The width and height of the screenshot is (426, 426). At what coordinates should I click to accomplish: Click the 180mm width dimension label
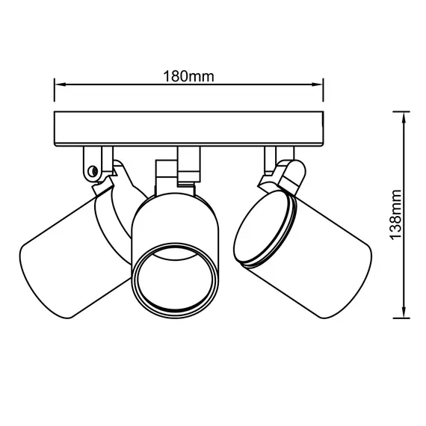tap(188, 76)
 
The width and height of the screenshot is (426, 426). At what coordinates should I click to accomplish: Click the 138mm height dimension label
tap(395, 214)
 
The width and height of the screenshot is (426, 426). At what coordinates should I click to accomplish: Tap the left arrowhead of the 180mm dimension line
tap(61, 84)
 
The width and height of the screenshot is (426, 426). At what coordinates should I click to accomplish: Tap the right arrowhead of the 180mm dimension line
tap(318, 84)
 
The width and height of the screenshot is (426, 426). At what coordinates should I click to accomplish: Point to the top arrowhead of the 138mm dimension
tap(404, 118)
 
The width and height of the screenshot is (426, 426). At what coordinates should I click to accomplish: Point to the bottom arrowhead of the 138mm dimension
tap(404, 312)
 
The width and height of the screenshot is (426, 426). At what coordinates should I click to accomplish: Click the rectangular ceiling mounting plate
tap(189, 129)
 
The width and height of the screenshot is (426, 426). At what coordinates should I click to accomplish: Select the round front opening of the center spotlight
tap(176, 281)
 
